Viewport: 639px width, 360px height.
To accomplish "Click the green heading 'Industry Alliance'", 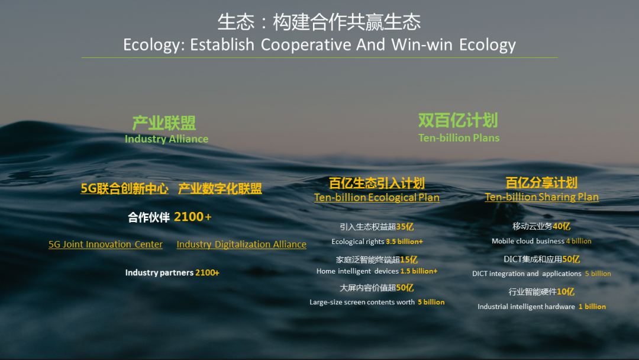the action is point(166,139).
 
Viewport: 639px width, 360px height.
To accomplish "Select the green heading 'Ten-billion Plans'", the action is point(459,138).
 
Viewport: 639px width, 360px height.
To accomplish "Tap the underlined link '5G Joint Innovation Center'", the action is point(105,244).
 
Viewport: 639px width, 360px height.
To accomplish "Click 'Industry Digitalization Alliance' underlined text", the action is point(241,244).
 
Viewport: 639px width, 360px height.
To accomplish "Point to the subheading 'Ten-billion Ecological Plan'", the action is point(376,197).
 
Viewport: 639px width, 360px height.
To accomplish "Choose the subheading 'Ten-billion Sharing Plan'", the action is point(541,197).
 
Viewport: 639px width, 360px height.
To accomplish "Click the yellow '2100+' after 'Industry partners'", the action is point(208,272).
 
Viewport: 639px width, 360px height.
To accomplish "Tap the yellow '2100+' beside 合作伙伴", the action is point(193,217).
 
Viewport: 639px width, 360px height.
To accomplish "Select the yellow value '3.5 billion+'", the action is point(404,242).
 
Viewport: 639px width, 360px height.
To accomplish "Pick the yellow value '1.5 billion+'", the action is point(419,271).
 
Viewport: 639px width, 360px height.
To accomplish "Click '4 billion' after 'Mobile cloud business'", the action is point(579,241).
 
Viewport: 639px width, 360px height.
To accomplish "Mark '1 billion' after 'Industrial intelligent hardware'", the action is point(592,307).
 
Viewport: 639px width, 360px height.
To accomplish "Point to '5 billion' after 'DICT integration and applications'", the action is point(598,274).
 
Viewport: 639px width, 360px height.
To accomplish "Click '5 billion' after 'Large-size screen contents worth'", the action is point(431,302).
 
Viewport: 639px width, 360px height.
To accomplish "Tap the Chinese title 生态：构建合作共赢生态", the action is point(319,22).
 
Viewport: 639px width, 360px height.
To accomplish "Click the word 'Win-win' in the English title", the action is point(422,44).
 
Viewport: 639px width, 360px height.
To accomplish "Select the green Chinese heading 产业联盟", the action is point(164,123).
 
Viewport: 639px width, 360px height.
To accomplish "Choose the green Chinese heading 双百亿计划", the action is point(458,120).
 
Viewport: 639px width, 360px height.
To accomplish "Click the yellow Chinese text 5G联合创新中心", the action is point(124,188).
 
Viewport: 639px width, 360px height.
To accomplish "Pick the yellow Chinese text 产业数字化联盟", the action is point(220,188).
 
